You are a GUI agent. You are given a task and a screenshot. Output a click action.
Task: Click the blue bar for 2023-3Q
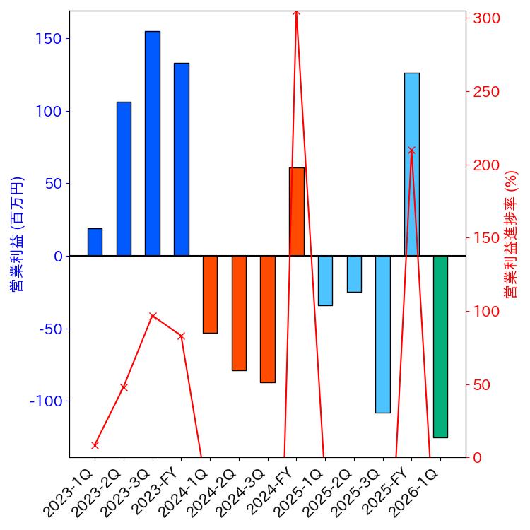click(x=153, y=143)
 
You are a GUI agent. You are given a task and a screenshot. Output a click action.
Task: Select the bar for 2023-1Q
click(x=95, y=242)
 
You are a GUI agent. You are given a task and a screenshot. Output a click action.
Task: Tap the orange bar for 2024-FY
click(x=296, y=211)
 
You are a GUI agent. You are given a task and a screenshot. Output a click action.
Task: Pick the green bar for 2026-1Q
click(x=440, y=346)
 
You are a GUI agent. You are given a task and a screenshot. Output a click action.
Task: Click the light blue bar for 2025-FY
click(x=411, y=164)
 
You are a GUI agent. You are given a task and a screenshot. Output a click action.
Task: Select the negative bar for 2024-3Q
click(x=267, y=319)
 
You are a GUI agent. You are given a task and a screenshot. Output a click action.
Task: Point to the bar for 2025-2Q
click(x=354, y=273)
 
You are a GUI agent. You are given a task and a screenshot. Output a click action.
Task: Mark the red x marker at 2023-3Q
click(x=153, y=316)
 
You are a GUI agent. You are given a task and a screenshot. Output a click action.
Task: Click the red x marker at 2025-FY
click(x=411, y=151)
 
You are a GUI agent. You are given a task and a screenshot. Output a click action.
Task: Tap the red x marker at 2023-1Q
click(x=95, y=445)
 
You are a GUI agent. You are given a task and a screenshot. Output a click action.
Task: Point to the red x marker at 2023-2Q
click(x=124, y=387)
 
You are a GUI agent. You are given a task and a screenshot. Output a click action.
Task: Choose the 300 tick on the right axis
click(x=487, y=18)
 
